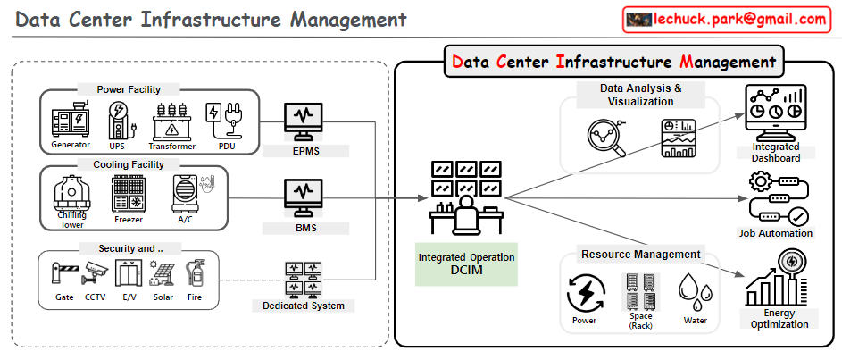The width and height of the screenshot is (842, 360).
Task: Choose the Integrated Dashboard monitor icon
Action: click(775, 111)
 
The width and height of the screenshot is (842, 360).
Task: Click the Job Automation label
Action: click(776, 233)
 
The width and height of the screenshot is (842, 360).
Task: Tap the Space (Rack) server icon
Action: click(640, 291)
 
